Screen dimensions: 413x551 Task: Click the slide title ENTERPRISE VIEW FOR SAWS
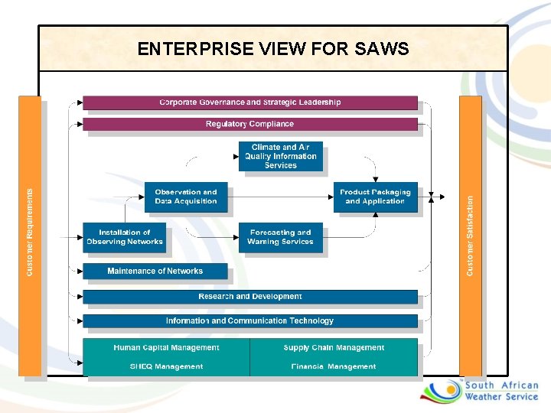(273, 49)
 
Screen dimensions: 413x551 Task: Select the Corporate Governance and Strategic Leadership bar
(249, 102)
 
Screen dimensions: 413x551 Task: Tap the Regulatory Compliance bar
(249, 124)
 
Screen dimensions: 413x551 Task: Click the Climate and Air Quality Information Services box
(280, 157)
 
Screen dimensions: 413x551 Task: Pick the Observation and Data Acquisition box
(185, 197)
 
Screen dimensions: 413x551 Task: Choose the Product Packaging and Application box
(375, 197)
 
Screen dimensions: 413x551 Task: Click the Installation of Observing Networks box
(124, 237)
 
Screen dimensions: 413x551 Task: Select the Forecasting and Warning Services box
(280, 237)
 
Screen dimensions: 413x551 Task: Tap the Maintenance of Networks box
(155, 271)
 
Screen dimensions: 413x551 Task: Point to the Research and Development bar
(249, 297)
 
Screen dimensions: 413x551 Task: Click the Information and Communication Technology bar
(249, 321)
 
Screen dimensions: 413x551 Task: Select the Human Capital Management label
(166, 348)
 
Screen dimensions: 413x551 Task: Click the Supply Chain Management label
(334, 348)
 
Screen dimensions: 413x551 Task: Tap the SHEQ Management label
(166, 366)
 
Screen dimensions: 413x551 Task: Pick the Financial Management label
(334, 366)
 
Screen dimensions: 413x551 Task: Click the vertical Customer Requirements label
(30, 233)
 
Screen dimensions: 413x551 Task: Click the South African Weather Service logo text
(501, 392)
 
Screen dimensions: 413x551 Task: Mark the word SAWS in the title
(382, 49)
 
